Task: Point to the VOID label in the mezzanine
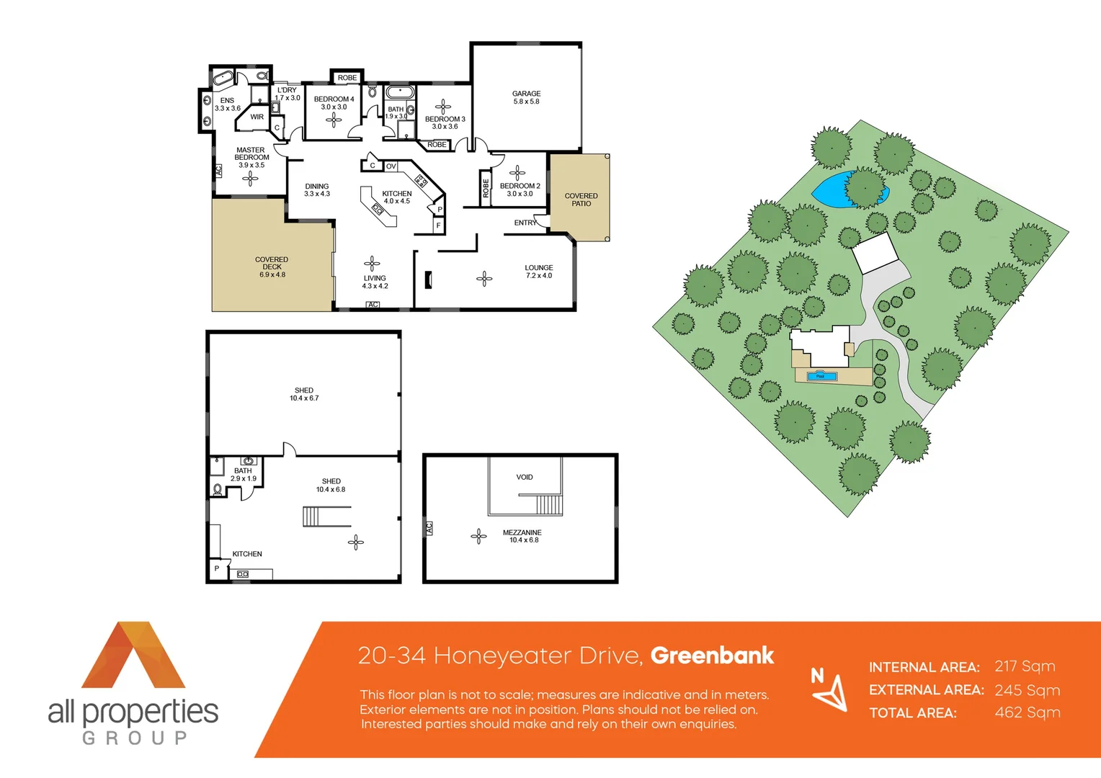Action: [x=525, y=477]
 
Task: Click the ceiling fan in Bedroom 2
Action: [x=517, y=172]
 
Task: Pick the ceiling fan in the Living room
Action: [x=372, y=263]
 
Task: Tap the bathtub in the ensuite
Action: [x=223, y=78]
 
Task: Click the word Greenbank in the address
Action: [x=712, y=656]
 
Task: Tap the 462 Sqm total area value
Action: [x=1027, y=713]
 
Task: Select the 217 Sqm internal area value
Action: [x=1025, y=666]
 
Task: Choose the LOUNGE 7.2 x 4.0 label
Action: [x=539, y=272]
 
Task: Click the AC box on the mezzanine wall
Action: [x=429, y=528]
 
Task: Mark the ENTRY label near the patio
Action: [x=525, y=223]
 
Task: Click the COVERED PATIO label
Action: [x=581, y=200]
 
